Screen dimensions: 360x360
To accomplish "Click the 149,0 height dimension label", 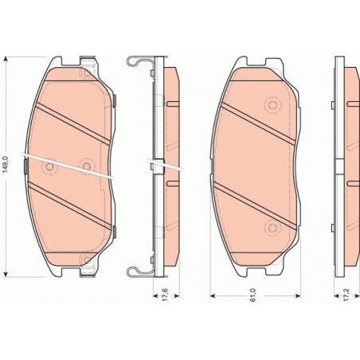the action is click(6, 164).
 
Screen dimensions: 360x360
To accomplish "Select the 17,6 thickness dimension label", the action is click(165, 294).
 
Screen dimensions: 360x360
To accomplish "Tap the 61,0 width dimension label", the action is click(253, 295).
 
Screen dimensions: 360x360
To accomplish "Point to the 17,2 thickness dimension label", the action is click(346, 295).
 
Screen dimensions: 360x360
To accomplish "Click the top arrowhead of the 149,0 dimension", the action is click(6, 59).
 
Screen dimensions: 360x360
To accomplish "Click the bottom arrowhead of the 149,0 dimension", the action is click(6, 274).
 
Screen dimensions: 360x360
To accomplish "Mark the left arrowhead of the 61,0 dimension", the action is click(213, 295).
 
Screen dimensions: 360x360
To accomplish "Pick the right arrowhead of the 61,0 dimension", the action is click(298, 295).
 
